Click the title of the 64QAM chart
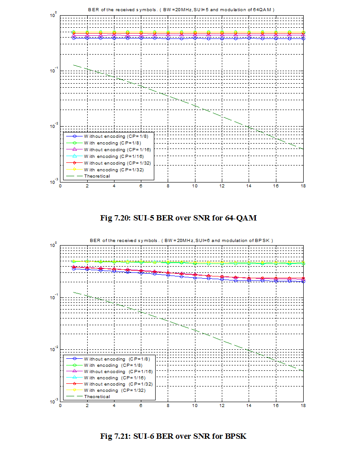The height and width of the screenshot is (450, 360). click(x=181, y=9)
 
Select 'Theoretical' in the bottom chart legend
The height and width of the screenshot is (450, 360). click(x=97, y=396)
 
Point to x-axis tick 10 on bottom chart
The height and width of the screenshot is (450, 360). click(x=195, y=406)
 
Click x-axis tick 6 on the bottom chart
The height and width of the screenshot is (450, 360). click(x=141, y=406)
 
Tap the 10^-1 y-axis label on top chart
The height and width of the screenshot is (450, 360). click(x=52, y=71)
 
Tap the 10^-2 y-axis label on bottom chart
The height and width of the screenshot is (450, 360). click(x=52, y=349)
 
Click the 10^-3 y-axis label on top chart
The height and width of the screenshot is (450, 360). click(x=52, y=181)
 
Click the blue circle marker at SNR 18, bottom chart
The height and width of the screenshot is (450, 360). click(x=303, y=281)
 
